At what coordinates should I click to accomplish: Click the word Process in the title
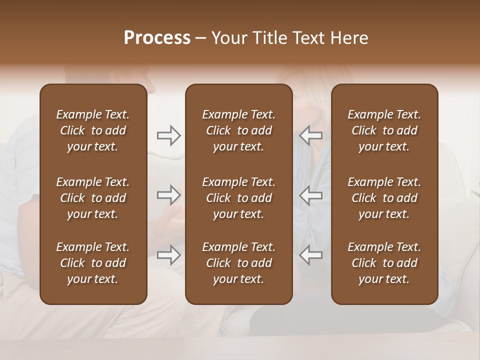coord(157,38)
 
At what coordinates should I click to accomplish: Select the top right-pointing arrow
coord(168,135)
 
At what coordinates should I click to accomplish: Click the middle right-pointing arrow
coord(168,195)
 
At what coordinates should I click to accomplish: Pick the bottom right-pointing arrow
coord(168,255)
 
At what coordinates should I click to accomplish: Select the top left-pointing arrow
coord(311,135)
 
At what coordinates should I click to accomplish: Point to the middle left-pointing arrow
coord(311,195)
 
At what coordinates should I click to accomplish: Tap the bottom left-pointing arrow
coord(311,255)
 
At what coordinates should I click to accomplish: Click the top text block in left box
coord(93,130)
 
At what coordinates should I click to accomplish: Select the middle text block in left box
coord(93,198)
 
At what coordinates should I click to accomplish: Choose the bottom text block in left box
coord(93,263)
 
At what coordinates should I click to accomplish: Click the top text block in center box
coord(238,130)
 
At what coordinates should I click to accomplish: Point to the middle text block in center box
coord(238,198)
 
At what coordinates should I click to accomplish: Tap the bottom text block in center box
coord(238,263)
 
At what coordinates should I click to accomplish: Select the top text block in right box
coord(384,130)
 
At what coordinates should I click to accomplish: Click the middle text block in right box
coord(384,198)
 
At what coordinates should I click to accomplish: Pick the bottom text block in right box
coord(384,263)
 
